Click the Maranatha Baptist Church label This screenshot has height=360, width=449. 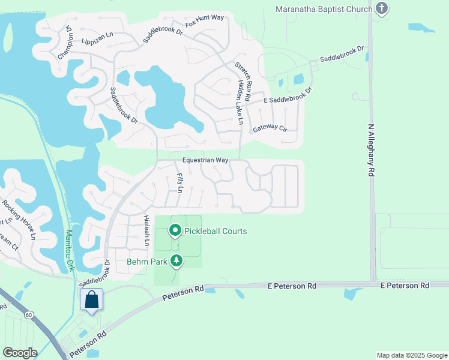324,9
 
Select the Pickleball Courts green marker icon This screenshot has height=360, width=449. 175,230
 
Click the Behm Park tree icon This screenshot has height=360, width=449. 176,260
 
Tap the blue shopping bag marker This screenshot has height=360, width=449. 92,299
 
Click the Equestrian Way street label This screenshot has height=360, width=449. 206,160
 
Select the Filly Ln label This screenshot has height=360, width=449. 179,183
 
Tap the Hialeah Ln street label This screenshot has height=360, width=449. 145,232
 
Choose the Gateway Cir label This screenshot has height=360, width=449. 270,128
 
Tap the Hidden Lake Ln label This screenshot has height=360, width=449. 241,103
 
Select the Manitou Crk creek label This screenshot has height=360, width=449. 70,250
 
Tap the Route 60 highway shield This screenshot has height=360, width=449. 29,314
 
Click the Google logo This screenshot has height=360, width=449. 20,352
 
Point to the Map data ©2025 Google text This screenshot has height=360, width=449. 411,355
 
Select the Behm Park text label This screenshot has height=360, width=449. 146,262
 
